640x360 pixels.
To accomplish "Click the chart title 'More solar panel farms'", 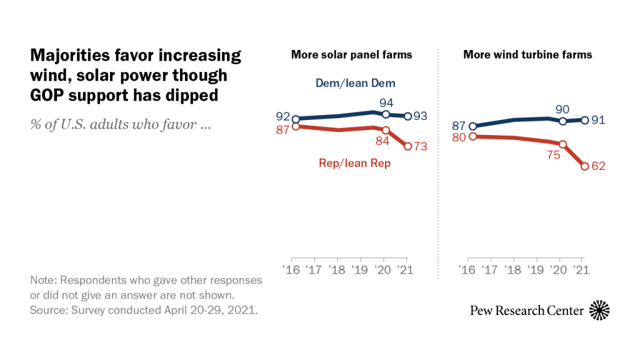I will click(351, 54).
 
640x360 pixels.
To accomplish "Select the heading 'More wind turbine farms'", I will click(527, 54).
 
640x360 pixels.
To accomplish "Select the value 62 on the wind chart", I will click(599, 166).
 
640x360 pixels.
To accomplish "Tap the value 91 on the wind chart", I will click(598, 119).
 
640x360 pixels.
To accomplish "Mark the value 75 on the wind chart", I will click(553, 156).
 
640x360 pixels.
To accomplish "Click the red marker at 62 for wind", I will click(585, 166).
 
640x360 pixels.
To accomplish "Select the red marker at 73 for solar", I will click(407, 146).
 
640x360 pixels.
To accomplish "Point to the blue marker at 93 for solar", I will click(407, 116).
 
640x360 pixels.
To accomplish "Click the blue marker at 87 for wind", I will click(472, 126).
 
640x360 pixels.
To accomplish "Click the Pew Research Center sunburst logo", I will click(599, 310).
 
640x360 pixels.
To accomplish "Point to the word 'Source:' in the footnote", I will click(48, 311).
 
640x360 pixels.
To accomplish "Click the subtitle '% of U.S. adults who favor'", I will click(119, 124).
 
